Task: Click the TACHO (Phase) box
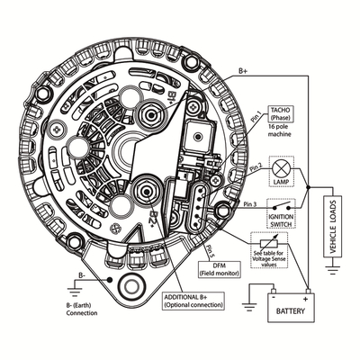281,114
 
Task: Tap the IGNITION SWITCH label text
281,220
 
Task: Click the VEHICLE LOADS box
332,227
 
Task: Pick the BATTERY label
291,310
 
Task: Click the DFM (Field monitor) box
220,269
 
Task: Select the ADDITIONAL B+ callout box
193,301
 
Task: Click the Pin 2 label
256,166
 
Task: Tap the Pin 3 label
250,204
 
